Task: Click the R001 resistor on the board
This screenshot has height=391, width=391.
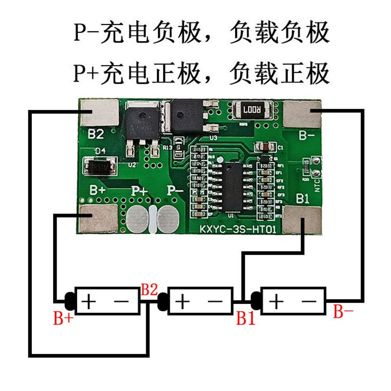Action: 252,110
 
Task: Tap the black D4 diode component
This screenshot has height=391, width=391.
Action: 100,168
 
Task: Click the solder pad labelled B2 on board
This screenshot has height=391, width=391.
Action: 99,113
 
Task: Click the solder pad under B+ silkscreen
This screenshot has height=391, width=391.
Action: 99,218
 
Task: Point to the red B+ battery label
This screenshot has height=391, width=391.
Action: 64,319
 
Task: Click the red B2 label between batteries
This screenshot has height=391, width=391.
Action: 150,290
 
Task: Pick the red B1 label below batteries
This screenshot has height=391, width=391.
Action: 246,319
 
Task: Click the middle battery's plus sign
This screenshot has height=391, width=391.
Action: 182,302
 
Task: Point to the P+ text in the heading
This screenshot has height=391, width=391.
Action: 86,74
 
